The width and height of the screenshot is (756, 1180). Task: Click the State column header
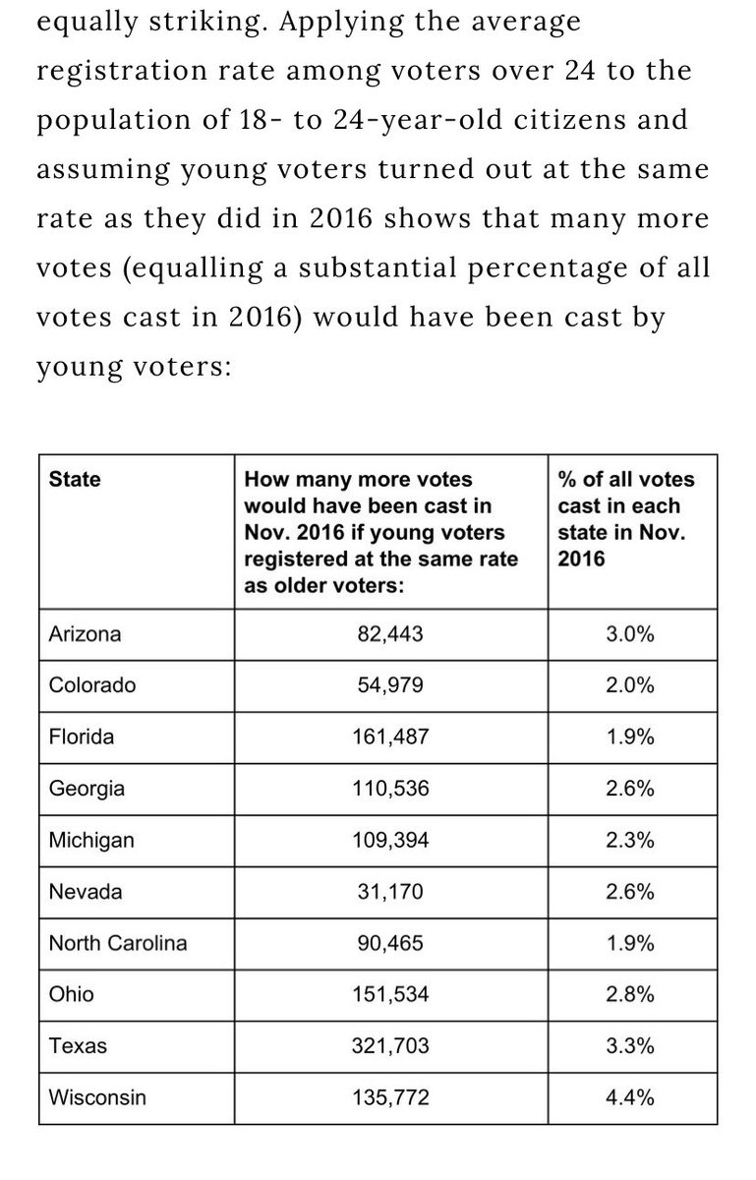click(x=74, y=480)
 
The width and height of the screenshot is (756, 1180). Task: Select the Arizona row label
click(x=85, y=633)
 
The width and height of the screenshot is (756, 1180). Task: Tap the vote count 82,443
click(x=390, y=633)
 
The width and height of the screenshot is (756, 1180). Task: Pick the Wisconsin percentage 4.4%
click(x=631, y=1097)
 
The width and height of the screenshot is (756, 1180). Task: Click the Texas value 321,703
click(x=390, y=1046)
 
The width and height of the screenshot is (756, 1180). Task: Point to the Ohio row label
click(x=72, y=994)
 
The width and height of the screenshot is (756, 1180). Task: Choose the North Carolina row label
click(x=117, y=943)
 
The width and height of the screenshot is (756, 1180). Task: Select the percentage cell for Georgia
click(x=631, y=788)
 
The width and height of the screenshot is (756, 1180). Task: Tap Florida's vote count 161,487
click(x=390, y=737)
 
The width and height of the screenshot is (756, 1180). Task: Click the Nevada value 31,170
click(x=390, y=891)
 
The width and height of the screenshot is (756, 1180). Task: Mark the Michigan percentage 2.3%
click(x=631, y=840)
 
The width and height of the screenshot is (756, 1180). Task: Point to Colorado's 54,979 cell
click(x=390, y=685)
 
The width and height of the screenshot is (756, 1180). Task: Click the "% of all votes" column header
click(x=625, y=480)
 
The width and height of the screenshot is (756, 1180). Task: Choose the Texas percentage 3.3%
click(x=631, y=1046)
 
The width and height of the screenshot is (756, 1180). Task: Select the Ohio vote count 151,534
click(x=390, y=994)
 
